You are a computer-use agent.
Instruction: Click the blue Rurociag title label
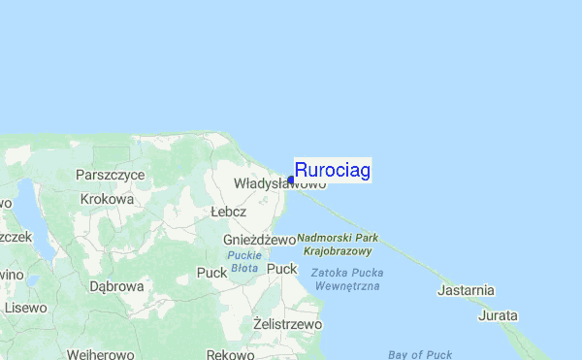tap(332, 171)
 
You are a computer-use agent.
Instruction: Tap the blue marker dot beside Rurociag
tap(291, 180)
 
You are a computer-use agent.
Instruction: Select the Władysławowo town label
tap(279, 183)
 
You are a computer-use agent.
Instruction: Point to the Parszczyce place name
tap(110, 175)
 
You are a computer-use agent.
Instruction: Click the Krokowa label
tap(107, 199)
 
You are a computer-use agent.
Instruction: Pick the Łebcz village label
tap(228, 212)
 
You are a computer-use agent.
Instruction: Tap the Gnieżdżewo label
tap(258, 240)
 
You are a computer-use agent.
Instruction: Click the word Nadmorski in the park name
tap(325, 238)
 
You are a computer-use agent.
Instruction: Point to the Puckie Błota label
tap(242, 262)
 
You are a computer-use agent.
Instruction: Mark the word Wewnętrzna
tap(346, 286)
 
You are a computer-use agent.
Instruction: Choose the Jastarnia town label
tap(467, 290)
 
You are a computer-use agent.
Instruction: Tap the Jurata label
tap(498, 315)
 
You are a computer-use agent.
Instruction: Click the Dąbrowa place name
tap(116, 286)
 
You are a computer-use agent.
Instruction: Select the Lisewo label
tap(24, 308)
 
